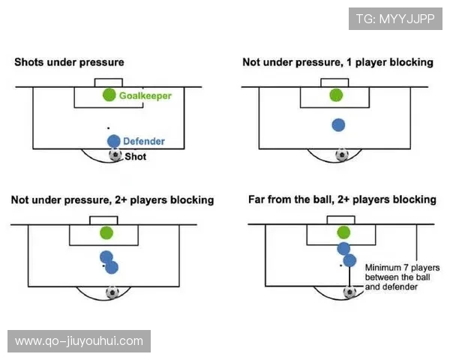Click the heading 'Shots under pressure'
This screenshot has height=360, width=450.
[69, 62]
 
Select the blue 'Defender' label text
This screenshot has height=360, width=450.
[144, 141]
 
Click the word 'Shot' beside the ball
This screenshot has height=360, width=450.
[135, 157]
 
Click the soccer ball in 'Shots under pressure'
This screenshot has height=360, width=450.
[115, 155]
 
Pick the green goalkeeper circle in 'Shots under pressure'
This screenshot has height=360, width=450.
[109, 95]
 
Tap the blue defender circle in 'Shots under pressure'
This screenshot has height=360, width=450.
[113, 140]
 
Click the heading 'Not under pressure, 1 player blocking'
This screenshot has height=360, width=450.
[337, 62]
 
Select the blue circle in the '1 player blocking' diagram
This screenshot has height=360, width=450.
[338, 125]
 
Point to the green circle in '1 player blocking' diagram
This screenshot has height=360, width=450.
[335, 95]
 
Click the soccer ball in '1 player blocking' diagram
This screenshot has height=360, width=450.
[342, 155]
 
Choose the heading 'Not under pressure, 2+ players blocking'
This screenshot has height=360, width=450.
[112, 200]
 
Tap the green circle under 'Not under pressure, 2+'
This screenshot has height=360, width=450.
[106, 232]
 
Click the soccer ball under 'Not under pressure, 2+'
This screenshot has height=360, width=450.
[112, 292]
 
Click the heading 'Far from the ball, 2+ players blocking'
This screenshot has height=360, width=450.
[342, 199]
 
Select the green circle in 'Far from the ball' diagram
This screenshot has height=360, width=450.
[343, 232]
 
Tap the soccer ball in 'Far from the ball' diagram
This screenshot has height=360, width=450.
[349, 292]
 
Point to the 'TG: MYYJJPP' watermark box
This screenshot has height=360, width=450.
[395, 19]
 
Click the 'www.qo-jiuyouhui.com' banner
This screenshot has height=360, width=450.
[79, 341]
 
